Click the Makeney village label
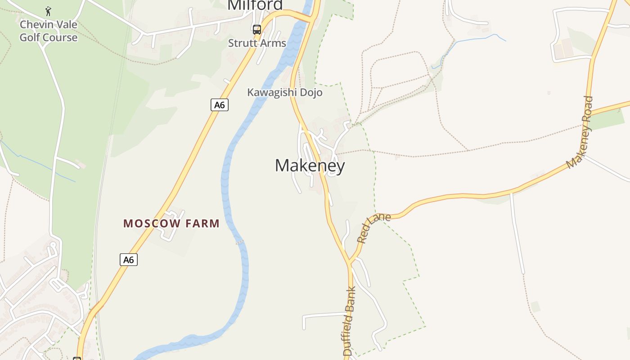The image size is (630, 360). [310, 166]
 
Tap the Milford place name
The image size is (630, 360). [255, 4]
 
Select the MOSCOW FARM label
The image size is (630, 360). [171, 223]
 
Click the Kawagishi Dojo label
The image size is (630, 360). [285, 93]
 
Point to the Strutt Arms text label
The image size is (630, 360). [257, 43]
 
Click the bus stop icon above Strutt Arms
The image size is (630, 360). [257, 30]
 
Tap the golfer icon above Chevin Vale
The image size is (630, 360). [49, 11]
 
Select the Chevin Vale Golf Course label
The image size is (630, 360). [49, 31]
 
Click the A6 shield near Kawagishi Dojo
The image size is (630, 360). [220, 105]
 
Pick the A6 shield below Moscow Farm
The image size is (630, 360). [129, 260]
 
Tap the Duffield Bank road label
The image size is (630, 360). [350, 321]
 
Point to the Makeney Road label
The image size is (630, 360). [581, 133]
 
